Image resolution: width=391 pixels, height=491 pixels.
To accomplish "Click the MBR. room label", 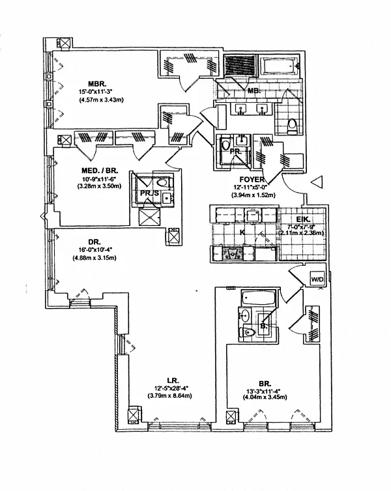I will (97, 83).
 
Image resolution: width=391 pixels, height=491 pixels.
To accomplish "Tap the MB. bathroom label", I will (254, 92).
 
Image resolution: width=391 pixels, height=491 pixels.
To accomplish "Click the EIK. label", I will (303, 219).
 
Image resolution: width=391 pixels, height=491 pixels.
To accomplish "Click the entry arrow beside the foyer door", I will (317, 183).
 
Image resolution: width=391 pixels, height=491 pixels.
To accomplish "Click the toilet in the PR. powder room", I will (226, 145).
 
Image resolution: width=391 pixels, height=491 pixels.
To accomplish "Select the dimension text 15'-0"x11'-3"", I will (97, 92).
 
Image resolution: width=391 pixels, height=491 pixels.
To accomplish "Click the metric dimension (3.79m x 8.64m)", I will (173, 395).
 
